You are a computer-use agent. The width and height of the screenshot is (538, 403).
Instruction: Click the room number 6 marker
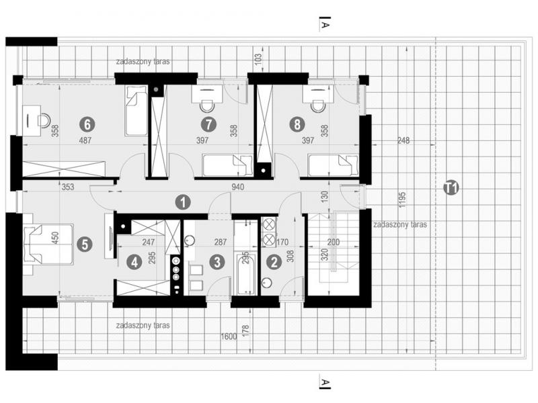pos(87,124)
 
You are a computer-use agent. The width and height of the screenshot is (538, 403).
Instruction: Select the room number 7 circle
pos(208,124)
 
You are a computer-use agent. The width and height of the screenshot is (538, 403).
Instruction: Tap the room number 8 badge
pos(297,124)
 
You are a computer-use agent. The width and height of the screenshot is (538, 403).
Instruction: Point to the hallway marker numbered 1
pos(183,202)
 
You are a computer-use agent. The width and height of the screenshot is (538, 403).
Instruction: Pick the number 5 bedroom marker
pos(85,244)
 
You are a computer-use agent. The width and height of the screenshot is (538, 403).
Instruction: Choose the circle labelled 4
pos(134,263)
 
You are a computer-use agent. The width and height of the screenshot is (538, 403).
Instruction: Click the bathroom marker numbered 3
pos(217,263)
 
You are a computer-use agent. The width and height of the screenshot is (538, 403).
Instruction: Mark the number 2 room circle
pos(274,263)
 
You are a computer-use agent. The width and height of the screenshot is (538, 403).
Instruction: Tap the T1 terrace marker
pos(451,188)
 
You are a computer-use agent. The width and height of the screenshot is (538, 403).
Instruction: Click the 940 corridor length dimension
pos(238,187)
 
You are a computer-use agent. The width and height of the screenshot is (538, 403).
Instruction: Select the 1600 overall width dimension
pos(229,337)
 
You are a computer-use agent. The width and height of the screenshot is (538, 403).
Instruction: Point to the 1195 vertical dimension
pos(403,199)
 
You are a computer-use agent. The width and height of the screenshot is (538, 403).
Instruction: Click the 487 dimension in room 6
pos(85,140)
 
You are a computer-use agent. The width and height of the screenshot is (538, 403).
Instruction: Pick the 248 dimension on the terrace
pos(403,140)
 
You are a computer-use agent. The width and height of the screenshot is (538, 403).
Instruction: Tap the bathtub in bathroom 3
pos(245,274)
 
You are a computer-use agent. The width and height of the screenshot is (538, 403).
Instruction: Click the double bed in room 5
pos(48,244)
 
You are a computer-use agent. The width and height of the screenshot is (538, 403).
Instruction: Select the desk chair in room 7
pos(207,106)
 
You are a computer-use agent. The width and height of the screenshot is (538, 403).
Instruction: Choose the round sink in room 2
pos(266,283)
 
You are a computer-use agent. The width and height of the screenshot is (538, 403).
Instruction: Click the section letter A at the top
pos(325,26)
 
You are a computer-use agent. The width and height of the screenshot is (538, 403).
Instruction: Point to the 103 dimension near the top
pos(258,58)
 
